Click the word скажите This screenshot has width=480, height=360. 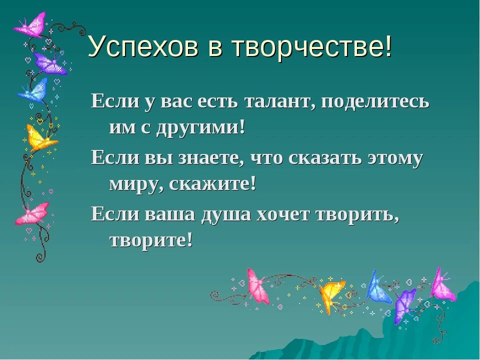tap(213, 184)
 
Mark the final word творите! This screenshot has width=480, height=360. tap(150, 241)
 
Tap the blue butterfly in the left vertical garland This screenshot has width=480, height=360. tap(34, 90)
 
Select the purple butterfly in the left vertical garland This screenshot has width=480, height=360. tap(50, 64)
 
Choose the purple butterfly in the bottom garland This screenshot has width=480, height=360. tap(404, 305)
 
